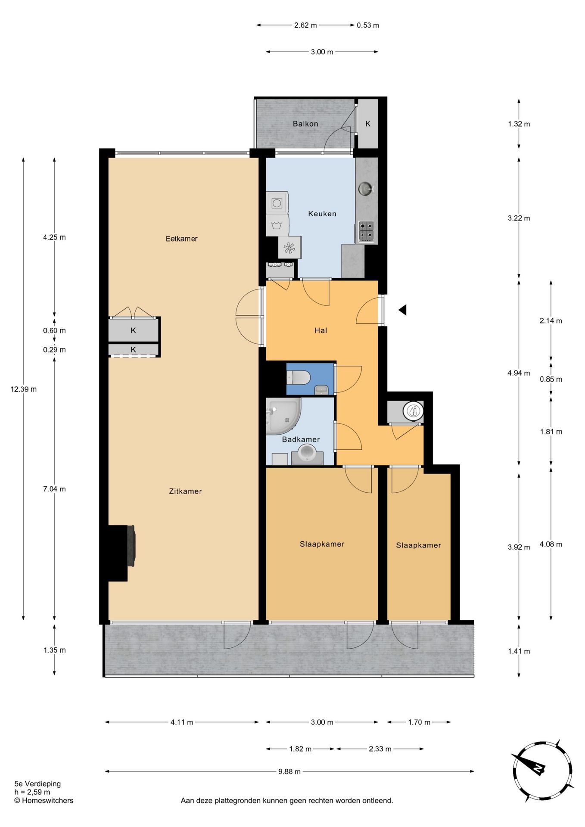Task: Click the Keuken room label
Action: pos(322,214)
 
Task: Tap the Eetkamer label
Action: pos(181,239)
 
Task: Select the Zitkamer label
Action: pos(185,491)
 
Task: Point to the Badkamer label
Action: pos(301,439)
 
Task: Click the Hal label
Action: pos(321,330)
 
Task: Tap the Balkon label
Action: pos(305,124)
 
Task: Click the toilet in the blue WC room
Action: pos(298,378)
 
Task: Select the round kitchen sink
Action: pos(366,189)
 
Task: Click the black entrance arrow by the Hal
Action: pos(402,310)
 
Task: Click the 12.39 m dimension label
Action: pos(24,389)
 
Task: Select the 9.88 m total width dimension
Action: pos(289,771)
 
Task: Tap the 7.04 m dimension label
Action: pos(54,489)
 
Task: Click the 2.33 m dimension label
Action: pos(380,749)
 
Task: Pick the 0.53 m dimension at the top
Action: pos(368,25)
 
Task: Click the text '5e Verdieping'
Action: pos(37,784)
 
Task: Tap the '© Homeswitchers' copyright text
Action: pos(44,801)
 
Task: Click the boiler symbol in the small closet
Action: pos(414,411)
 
